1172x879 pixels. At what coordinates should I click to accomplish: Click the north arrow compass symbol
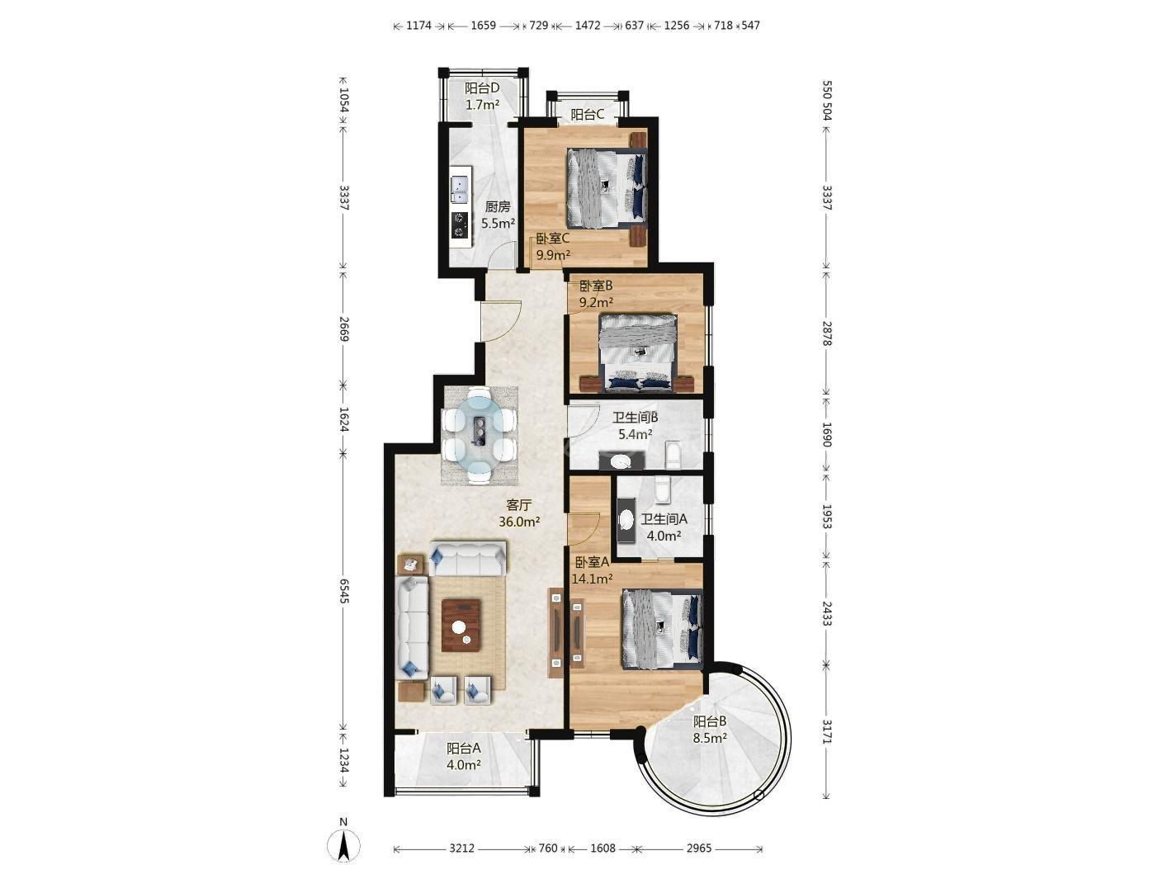click(x=344, y=847)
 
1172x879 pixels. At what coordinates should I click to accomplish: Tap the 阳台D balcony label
click(x=482, y=87)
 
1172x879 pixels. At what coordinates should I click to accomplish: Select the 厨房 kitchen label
click(x=498, y=206)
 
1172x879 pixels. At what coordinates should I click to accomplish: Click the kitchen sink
click(x=86, y=190)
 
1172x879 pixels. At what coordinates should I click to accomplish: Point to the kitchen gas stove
click(x=86, y=224)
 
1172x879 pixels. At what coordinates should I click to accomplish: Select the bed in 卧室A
click(x=662, y=629)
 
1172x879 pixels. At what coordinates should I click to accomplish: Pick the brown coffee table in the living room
click(x=461, y=625)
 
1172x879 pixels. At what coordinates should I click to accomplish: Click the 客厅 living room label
click(x=518, y=505)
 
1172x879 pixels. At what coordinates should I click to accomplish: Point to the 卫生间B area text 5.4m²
click(x=636, y=434)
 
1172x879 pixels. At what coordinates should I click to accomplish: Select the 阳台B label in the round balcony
click(x=710, y=721)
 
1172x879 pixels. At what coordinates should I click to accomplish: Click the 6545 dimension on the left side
click(x=343, y=591)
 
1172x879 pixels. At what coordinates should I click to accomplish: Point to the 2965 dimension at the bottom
click(x=699, y=848)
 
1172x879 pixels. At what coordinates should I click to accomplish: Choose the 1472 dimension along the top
click(x=588, y=25)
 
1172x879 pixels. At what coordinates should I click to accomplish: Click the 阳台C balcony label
click(x=588, y=114)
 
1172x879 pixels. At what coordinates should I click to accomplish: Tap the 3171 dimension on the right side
click(x=826, y=732)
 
